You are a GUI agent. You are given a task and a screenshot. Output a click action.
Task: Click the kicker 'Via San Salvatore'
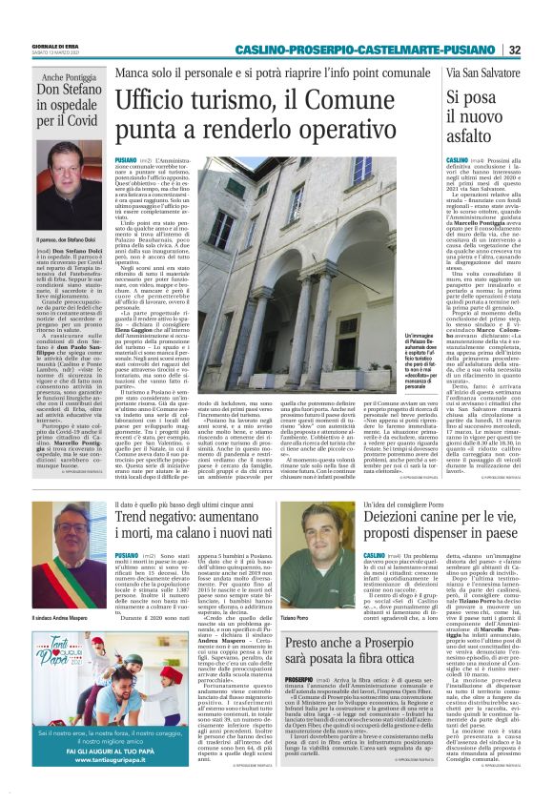click(x=483, y=73)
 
